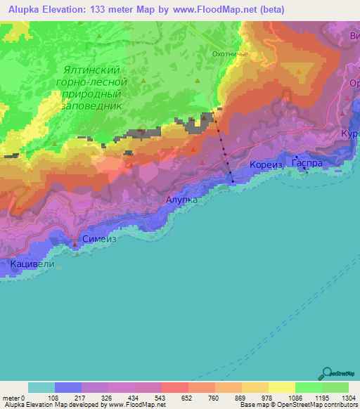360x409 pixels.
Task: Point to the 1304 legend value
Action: pos(348,398)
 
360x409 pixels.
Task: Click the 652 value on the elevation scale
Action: pos(174,398)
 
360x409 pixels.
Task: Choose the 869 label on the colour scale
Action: pos(228,398)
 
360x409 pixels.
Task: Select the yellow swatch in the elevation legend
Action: pos(281,387)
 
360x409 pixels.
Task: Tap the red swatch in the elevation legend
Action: pos(174,387)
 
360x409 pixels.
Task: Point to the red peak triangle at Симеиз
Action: pos(77,245)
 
